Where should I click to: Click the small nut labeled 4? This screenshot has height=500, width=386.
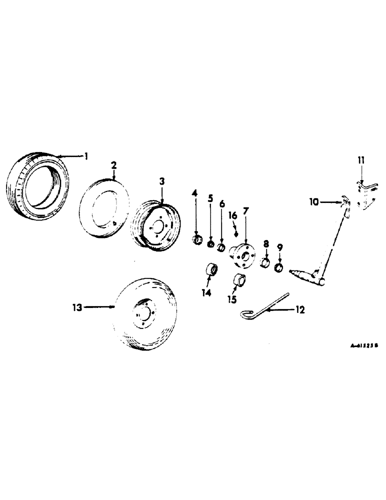197,240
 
